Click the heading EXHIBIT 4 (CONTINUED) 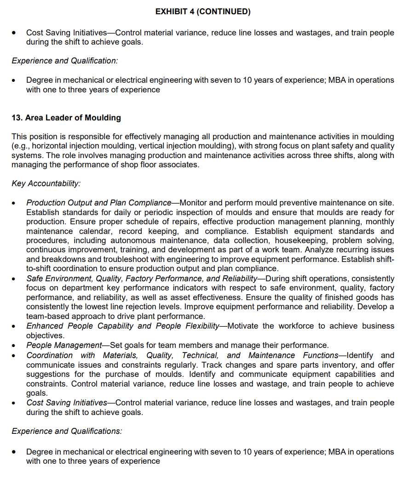(203, 12)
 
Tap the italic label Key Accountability (46, 183)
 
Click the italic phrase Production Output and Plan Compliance (98, 203)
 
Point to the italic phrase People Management (64, 345)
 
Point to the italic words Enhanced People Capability (88, 326)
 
